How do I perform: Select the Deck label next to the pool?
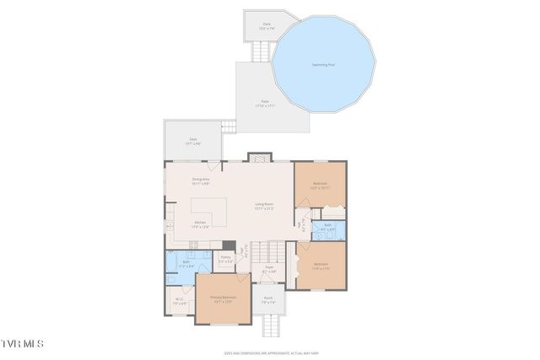tap(267, 26)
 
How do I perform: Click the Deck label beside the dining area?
tap(193, 141)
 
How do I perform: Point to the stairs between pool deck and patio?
tap(262, 52)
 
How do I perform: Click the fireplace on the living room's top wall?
tap(258, 158)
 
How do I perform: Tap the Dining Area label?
tap(200, 180)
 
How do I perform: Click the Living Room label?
tap(264, 205)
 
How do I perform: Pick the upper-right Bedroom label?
tap(320, 185)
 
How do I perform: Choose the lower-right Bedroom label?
tap(320, 265)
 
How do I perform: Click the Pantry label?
tap(225, 261)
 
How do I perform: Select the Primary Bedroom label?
tap(224, 298)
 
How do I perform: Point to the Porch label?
tap(268, 299)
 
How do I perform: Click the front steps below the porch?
tap(270, 325)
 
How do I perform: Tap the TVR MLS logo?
tap(23, 344)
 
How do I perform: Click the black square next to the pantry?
tap(229, 246)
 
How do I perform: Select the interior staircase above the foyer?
tap(269, 250)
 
